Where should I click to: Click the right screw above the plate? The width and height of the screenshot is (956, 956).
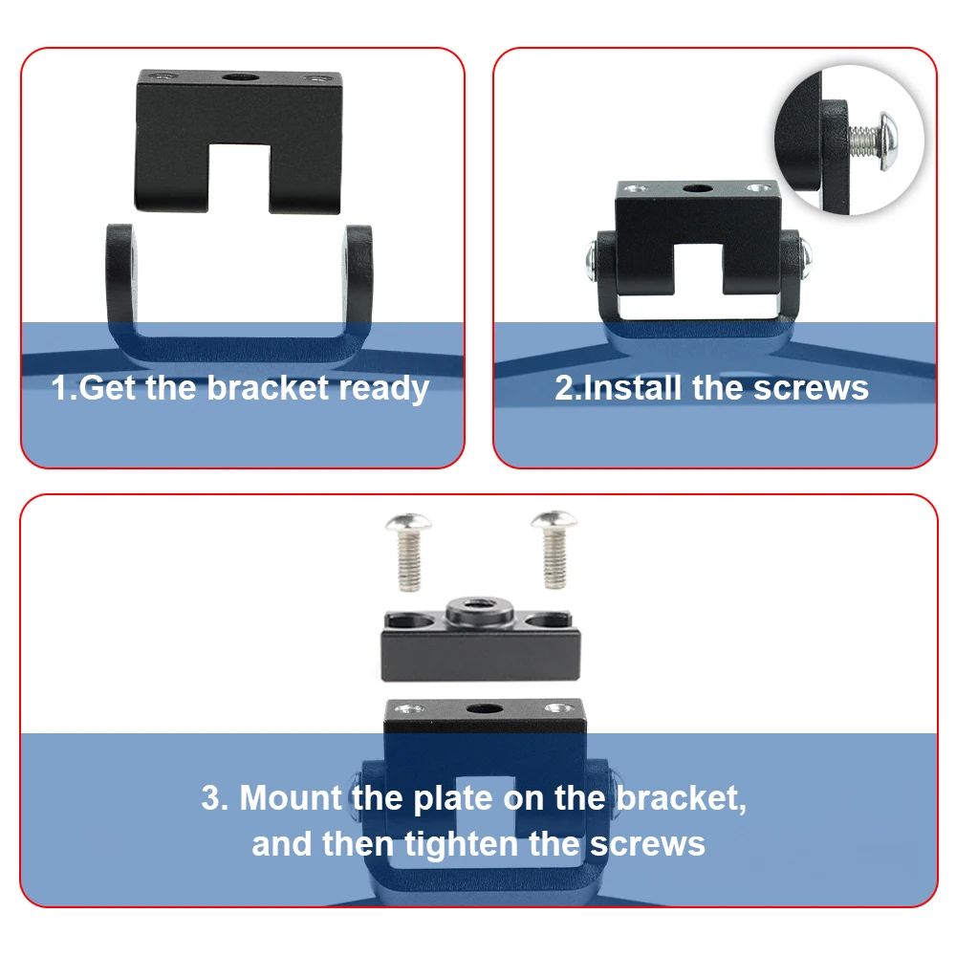click(x=554, y=550)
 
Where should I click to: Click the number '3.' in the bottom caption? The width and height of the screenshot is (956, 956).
click(x=215, y=797)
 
